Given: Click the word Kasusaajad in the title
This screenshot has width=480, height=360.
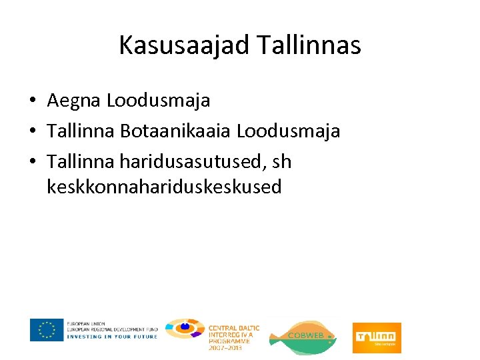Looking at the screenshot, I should pyautogui.click(x=183, y=45).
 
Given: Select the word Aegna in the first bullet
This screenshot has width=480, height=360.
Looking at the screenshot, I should pyautogui.click(x=74, y=101).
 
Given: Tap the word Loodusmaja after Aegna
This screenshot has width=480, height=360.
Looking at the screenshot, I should pyautogui.click(x=159, y=101).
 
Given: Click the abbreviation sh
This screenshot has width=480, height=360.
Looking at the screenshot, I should pyautogui.click(x=282, y=161).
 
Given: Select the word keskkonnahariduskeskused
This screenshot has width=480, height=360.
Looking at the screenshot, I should pyautogui.click(x=164, y=187).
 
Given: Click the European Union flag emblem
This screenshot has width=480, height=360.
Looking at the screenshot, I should pyautogui.click(x=47, y=329).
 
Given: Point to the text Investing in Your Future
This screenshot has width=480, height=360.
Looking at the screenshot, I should pyautogui.click(x=112, y=337).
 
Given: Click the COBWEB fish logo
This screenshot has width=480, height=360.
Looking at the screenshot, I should pyautogui.click(x=303, y=336).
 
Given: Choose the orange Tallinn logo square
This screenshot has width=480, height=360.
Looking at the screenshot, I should pyautogui.click(x=377, y=337).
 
